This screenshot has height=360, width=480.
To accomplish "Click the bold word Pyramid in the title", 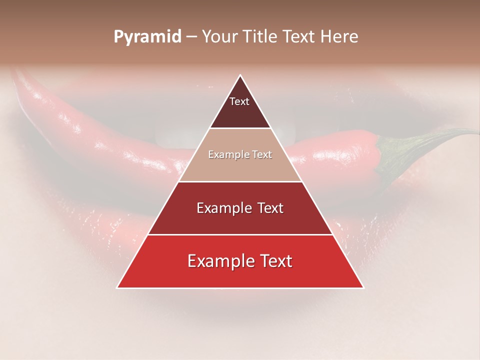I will coord(147,37).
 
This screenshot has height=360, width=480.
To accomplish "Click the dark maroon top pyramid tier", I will coord(240,112).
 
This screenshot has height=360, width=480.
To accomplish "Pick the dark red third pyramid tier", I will coord(240,220).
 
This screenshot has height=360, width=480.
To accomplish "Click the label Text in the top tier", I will coord(239,101).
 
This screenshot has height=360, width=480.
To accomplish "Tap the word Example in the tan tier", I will coord(227,155).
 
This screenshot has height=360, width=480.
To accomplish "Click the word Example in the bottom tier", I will coord(220,261).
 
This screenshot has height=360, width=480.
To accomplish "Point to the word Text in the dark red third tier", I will coord(268,208).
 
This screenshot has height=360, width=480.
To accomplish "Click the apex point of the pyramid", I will coord(240,75).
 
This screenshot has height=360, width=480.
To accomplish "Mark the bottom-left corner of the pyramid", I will coord(117,288).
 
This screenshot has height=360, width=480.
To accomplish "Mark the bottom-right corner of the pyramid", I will coord(363,288).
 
